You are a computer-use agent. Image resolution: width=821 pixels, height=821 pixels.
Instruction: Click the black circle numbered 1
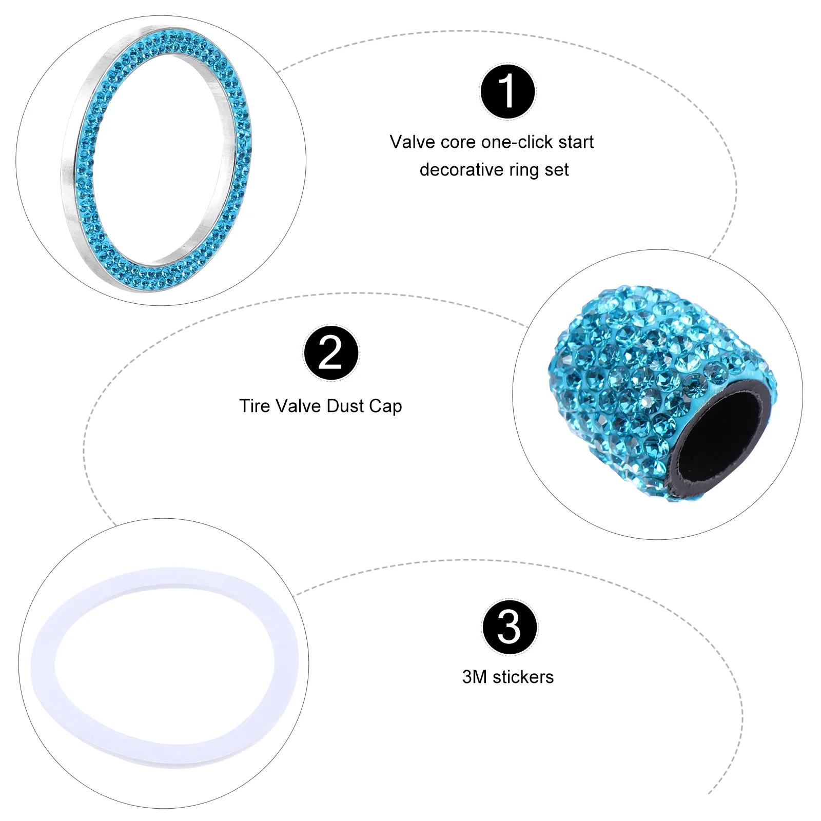[507, 91]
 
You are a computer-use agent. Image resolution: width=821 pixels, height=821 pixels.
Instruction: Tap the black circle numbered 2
[331, 353]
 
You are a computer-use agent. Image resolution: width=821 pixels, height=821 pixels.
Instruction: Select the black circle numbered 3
[509, 627]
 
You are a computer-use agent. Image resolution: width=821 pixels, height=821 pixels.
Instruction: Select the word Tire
[255, 406]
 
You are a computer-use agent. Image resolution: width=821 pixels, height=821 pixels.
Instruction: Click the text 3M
[474, 677]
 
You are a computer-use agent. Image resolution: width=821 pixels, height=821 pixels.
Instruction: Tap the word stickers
[523, 677]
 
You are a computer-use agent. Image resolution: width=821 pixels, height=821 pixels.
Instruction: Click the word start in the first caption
[577, 142]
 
